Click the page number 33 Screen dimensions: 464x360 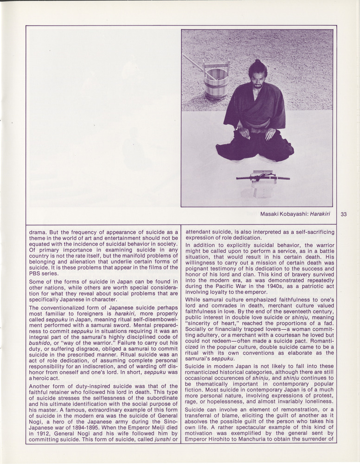(344, 214)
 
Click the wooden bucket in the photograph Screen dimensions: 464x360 (216, 81)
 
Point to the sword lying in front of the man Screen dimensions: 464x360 (263, 177)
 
